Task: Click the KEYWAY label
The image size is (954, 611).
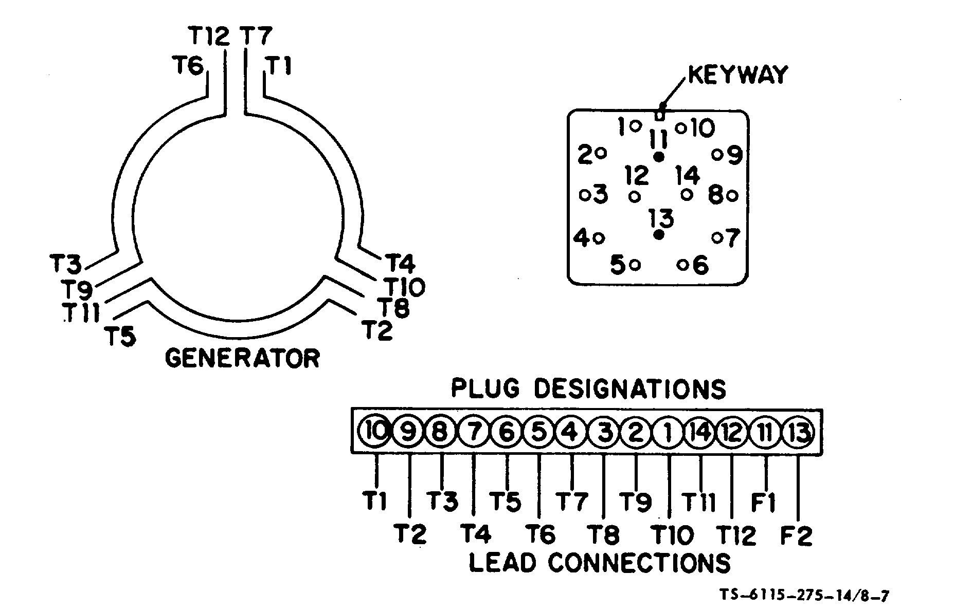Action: [x=737, y=75]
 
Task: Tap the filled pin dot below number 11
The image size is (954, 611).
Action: [x=658, y=157]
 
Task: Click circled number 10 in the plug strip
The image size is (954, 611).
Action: [x=376, y=432]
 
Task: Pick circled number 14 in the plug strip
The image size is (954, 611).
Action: [x=700, y=432]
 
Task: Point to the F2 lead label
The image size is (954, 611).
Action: [x=796, y=535]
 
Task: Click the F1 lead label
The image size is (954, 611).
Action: [x=764, y=502]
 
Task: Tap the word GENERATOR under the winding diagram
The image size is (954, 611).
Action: [x=242, y=358]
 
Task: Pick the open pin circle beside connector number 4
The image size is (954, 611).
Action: [x=599, y=238]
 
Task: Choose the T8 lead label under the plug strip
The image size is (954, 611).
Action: [x=603, y=535]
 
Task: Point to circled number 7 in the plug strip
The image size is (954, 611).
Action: [x=474, y=432]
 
